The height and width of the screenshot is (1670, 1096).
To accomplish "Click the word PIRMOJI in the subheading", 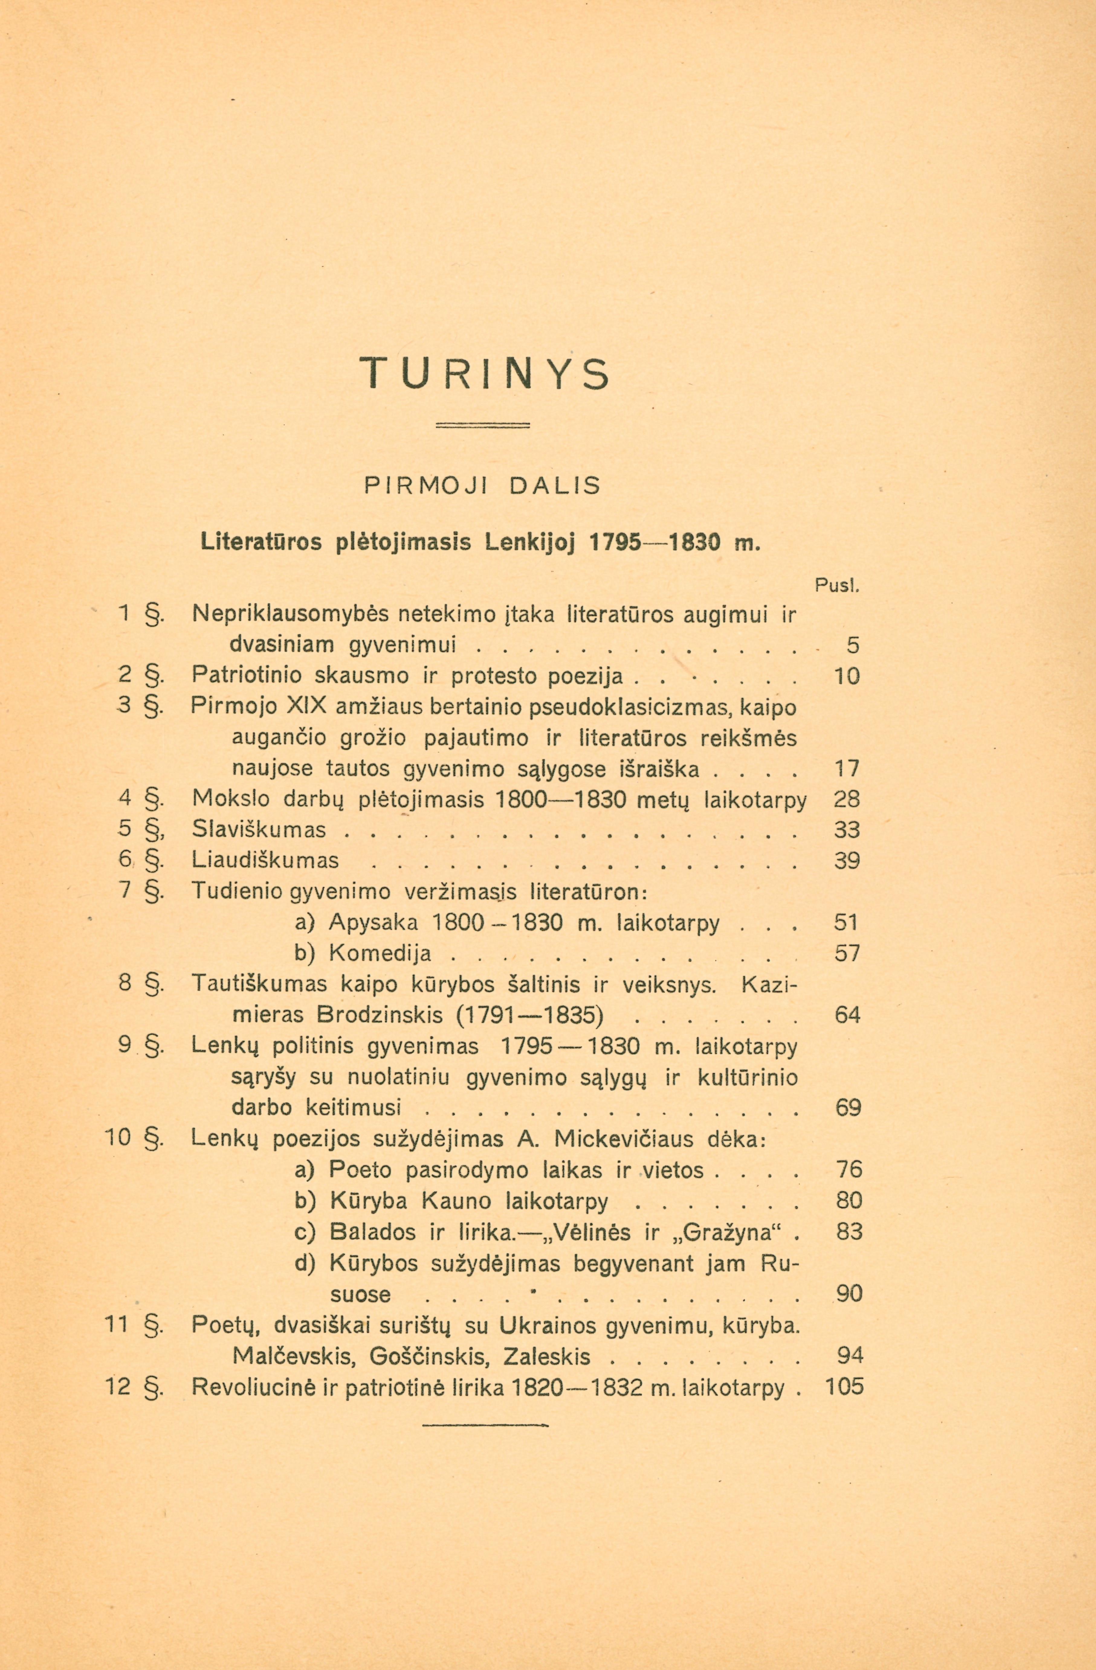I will (421, 486).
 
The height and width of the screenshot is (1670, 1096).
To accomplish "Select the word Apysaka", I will (373, 923).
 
